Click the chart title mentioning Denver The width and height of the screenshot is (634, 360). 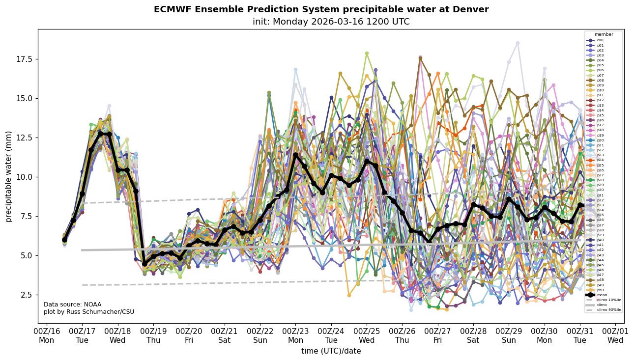tap(321, 9)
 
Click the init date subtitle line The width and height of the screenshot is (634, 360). tap(331, 22)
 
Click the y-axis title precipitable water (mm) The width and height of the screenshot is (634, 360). tap(9, 176)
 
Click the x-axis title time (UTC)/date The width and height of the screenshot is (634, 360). tap(331, 351)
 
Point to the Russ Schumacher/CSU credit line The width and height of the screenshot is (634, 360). tap(89, 312)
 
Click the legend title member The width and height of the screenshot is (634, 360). tap(603, 34)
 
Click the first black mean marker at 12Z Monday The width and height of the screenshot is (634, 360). tap(64, 240)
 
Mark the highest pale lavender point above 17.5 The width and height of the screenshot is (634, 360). tap(518, 43)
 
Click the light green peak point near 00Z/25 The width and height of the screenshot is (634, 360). tap(367, 54)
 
